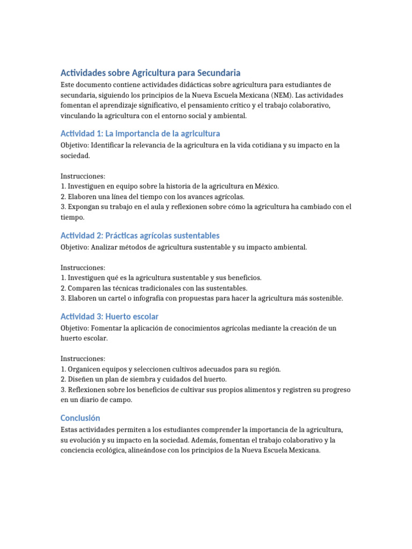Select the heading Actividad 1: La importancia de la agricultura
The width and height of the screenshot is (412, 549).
click(x=140, y=133)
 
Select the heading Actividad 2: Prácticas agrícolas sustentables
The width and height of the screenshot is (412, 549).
click(x=140, y=236)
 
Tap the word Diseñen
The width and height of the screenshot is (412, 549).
click(x=80, y=379)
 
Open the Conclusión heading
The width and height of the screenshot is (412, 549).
click(x=80, y=418)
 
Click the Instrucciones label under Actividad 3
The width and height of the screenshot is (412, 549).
click(x=83, y=358)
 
